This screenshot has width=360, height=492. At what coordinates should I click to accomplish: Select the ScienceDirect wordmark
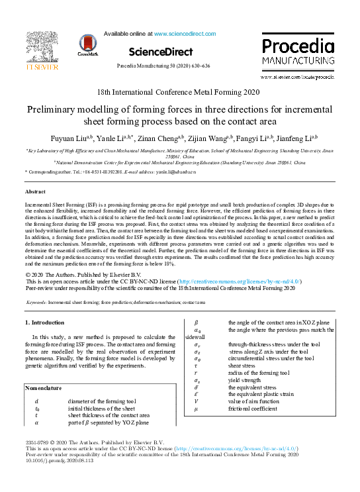161,52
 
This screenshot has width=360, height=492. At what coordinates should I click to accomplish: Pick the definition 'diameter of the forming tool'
101,401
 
